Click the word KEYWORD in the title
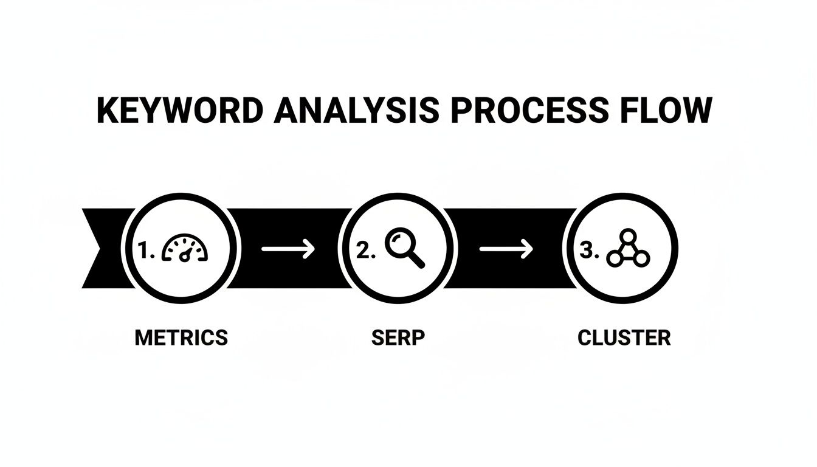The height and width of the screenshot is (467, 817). (180, 111)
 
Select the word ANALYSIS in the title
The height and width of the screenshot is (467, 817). (355, 111)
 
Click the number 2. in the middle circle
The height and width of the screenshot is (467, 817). (365, 251)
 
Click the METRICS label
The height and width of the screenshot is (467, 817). (181, 337)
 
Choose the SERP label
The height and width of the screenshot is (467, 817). (398, 337)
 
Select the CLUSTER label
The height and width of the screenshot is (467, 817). (624, 337)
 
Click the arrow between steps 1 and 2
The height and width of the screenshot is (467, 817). (288, 248)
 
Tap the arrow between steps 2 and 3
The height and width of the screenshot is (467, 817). (506, 248)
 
